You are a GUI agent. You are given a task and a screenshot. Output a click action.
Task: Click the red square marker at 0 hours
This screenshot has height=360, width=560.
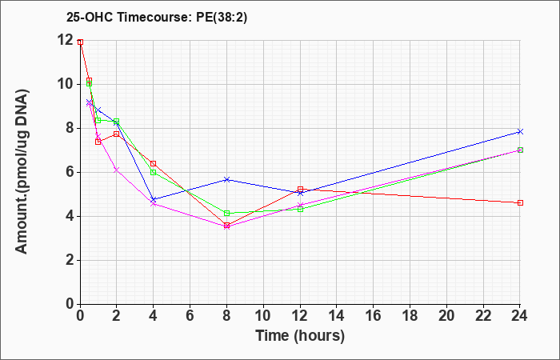pyautogui.click(x=80, y=42)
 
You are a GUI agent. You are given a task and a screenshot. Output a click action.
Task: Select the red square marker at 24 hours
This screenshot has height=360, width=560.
pyautogui.click(x=520, y=203)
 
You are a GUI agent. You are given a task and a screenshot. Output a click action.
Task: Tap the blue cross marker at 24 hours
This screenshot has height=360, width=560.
pyautogui.click(x=520, y=132)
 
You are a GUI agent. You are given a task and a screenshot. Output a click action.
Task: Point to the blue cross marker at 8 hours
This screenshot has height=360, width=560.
pyautogui.click(x=226, y=179)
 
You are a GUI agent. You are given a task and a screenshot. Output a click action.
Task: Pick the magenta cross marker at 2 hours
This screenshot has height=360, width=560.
pyautogui.click(x=117, y=170)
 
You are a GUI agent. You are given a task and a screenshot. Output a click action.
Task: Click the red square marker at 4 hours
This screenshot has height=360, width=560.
pyautogui.click(x=154, y=163)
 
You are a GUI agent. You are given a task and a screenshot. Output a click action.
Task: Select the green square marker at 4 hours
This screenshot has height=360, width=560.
pyautogui.click(x=154, y=172)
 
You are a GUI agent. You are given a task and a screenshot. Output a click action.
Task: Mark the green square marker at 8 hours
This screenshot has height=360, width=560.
pyautogui.click(x=226, y=214)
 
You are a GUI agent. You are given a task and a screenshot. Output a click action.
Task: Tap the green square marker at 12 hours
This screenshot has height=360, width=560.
pyautogui.click(x=300, y=210)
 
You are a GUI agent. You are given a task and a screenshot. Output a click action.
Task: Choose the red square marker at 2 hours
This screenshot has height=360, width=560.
pyautogui.click(x=117, y=134)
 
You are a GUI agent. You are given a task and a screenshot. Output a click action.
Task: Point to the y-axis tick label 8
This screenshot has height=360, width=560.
pyautogui.click(x=70, y=128)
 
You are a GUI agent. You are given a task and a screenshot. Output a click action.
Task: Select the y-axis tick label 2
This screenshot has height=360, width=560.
pyautogui.click(x=70, y=260)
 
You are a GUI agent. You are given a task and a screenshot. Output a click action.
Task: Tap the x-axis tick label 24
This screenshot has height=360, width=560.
pyautogui.click(x=520, y=316)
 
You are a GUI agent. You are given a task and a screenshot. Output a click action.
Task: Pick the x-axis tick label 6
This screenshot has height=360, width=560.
pyautogui.click(x=190, y=316)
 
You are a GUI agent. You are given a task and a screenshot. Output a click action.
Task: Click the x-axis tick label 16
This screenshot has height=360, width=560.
pyautogui.click(x=374, y=316)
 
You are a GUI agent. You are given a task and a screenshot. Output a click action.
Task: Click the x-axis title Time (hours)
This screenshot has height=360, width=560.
pyautogui.click(x=300, y=336)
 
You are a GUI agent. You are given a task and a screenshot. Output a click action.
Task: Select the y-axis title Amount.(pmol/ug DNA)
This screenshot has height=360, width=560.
pyautogui.click(x=22, y=172)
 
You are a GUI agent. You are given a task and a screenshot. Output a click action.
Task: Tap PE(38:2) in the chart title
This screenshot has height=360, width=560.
pyautogui.click(x=222, y=17)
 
